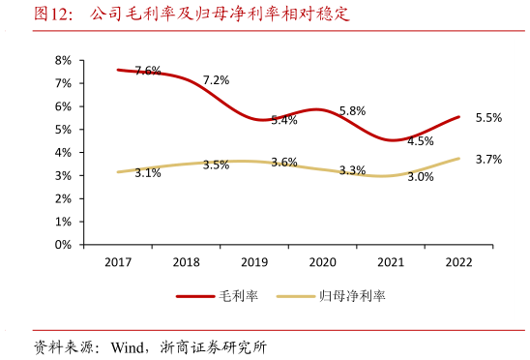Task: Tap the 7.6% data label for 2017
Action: pyautogui.click(x=148, y=71)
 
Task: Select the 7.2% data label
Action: pyautogui.click(x=216, y=80)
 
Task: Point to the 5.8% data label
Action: pyautogui.click(x=352, y=111)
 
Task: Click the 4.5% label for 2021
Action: pyautogui.click(x=420, y=141)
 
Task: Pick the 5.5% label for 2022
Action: pyautogui.click(x=488, y=118)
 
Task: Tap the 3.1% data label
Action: pyautogui.click(x=148, y=173)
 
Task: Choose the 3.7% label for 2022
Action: pyautogui.click(x=488, y=160)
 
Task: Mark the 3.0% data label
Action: pyautogui.click(x=420, y=177)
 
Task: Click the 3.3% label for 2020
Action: pyautogui.click(x=352, y=171)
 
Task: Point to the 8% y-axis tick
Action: pyautogui.click(x=64, y=60)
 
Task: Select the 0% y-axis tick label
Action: pyautogui.click(x=64, y=245)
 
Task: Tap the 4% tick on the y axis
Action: pyautogui.click(x=64, y=152)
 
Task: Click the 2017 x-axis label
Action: pyautogui.click(x=118, y=262)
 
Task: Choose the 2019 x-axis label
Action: pyautogui.click(x=254, y=262)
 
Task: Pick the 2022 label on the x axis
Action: pyautogui.click(x=459, y=262)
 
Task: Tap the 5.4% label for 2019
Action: pyautogui.click(x=284, y=121)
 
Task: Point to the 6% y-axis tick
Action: pyautogui.click(x=64, y=106)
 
